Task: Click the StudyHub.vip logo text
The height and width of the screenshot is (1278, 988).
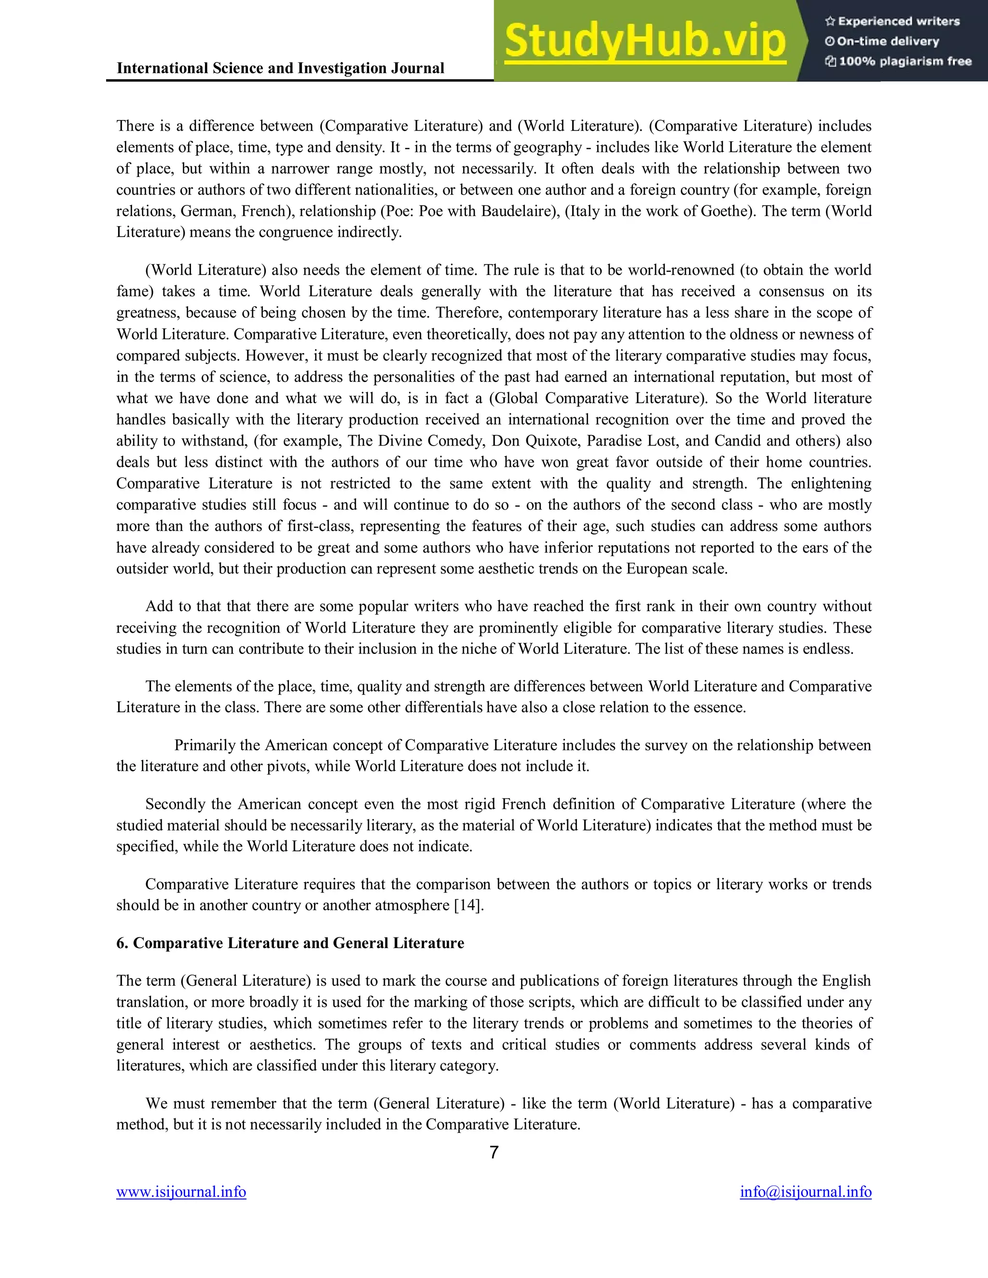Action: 645,41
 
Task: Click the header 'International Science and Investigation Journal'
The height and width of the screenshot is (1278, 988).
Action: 280,68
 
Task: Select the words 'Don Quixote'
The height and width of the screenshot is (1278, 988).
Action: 535,441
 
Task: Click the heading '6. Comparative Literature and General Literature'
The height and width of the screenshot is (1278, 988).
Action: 290,943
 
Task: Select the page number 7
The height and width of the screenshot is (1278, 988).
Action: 494,1152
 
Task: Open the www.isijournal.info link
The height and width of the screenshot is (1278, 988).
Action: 181,1192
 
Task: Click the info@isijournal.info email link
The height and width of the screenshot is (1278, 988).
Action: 805,1192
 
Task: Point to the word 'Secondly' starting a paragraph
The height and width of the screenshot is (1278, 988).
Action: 174,804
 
